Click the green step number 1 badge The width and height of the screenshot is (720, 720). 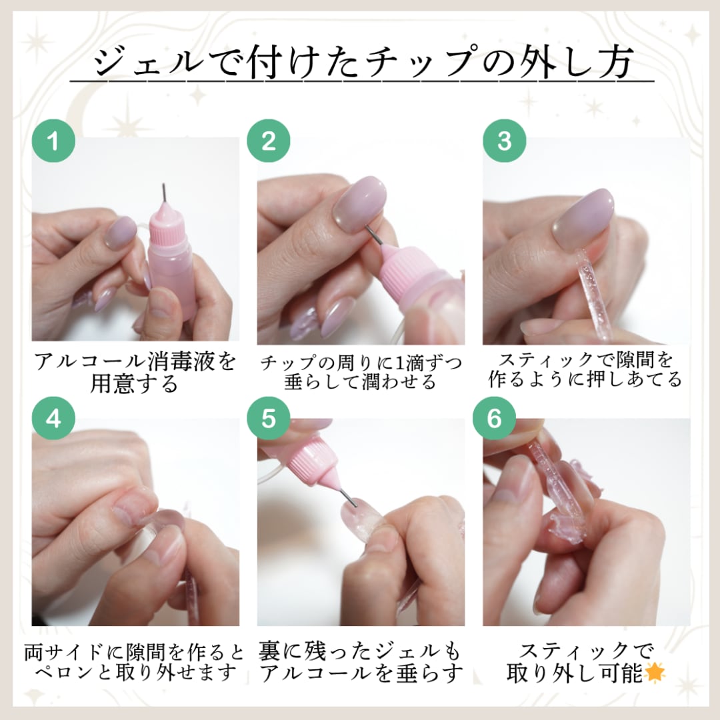pos(53,140)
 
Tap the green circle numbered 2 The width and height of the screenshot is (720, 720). pos(269,140)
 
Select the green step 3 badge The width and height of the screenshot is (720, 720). pos(504,140)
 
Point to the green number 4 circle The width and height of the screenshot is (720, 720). pos(53,418)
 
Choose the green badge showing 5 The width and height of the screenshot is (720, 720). pos(269,418)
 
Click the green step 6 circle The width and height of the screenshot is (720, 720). pos(494,418)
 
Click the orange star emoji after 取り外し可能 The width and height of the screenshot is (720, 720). pos(655,673)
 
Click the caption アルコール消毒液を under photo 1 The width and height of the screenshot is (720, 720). pos(135,361)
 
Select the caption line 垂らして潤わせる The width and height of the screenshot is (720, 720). pos(360,382)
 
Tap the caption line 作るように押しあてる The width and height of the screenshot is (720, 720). pos(585,380)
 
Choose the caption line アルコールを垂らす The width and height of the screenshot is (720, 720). pos(361,673)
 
